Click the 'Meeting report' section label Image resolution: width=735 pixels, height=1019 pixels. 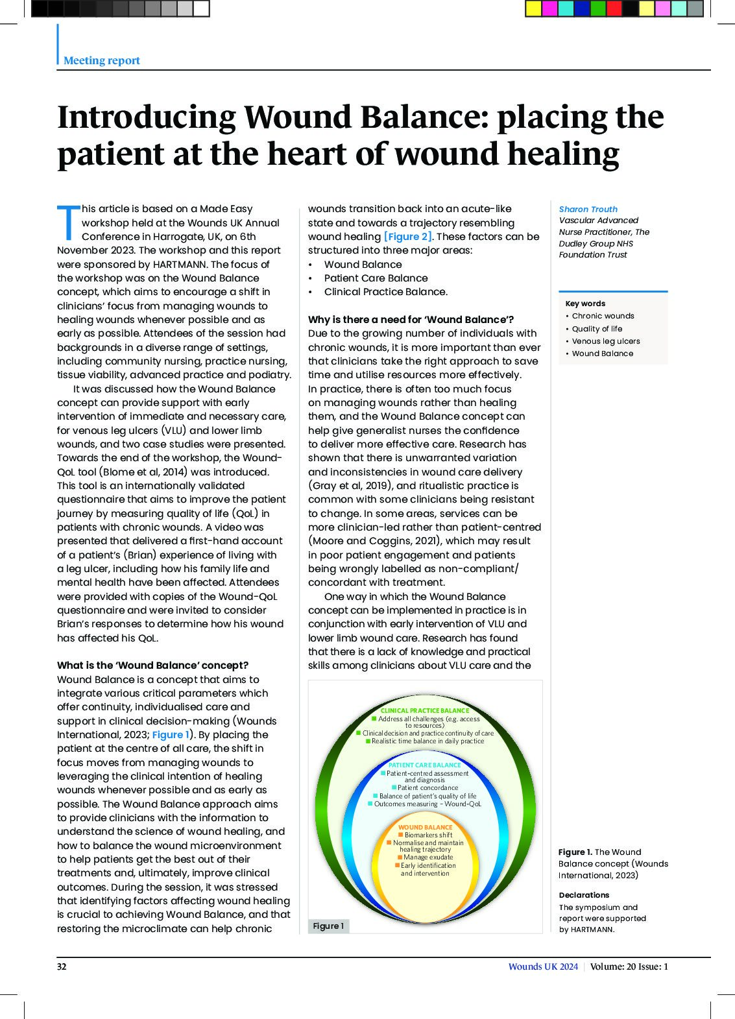[x=101, y=60]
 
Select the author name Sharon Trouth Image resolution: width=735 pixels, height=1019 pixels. [x=588, y=209]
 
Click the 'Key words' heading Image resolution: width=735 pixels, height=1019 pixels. [x=585, y=304]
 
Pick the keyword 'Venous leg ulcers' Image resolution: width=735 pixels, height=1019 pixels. [x=605, y=341]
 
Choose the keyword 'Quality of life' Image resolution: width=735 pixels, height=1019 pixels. [x=597, y=329]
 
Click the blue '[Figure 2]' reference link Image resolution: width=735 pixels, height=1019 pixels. [x=407, y=237]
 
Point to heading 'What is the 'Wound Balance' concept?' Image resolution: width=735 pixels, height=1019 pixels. [x=152, y=665]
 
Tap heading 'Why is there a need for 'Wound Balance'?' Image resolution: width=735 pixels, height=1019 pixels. [x=411, y=320]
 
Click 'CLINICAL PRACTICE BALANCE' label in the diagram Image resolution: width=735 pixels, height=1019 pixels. [x=424, y=711]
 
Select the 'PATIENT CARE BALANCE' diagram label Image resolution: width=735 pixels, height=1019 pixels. [x=424, y=765]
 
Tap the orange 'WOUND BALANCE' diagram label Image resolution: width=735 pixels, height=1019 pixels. [x=425, y=828]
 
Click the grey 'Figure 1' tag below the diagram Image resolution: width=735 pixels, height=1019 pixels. [x=328, y=926]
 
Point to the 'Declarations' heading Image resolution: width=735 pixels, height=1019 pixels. [x=584, y=895]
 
